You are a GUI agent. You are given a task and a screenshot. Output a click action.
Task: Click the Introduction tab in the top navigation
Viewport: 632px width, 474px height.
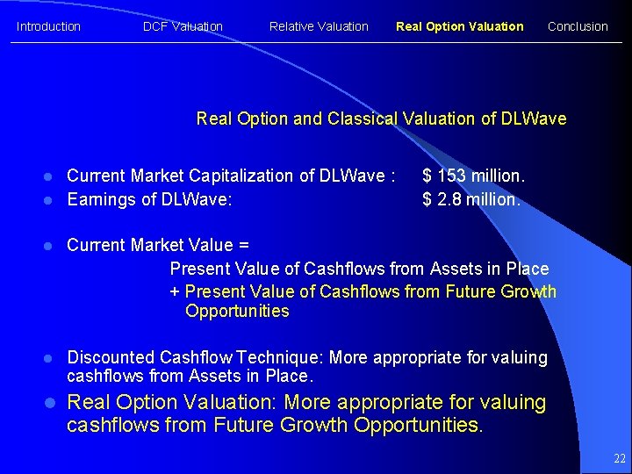tap(48, 26)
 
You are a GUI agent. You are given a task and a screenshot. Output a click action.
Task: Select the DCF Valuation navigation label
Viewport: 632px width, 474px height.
tap(183, 26)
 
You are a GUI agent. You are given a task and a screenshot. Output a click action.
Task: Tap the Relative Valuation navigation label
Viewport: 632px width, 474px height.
tap(319, 26)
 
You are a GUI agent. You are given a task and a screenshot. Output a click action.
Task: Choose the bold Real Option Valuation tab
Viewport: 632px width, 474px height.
tap(459, 26)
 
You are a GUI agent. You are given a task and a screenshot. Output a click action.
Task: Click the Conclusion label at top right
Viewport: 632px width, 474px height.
tap(578, 26)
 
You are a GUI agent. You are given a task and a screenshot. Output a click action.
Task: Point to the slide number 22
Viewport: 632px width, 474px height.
tap(620, 459)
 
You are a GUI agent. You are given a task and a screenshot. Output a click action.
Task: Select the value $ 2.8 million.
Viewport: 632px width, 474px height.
tap(471, 199)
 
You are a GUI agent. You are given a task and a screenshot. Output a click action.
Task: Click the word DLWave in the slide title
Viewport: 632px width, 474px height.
tap(534, 118)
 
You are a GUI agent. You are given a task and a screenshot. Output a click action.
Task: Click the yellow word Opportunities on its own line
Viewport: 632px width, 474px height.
tap(237, 312)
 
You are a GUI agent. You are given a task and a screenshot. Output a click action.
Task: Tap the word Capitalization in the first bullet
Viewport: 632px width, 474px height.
tap(242, 176)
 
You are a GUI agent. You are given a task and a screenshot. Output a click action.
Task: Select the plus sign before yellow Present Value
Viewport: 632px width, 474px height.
tap(175, 291)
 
